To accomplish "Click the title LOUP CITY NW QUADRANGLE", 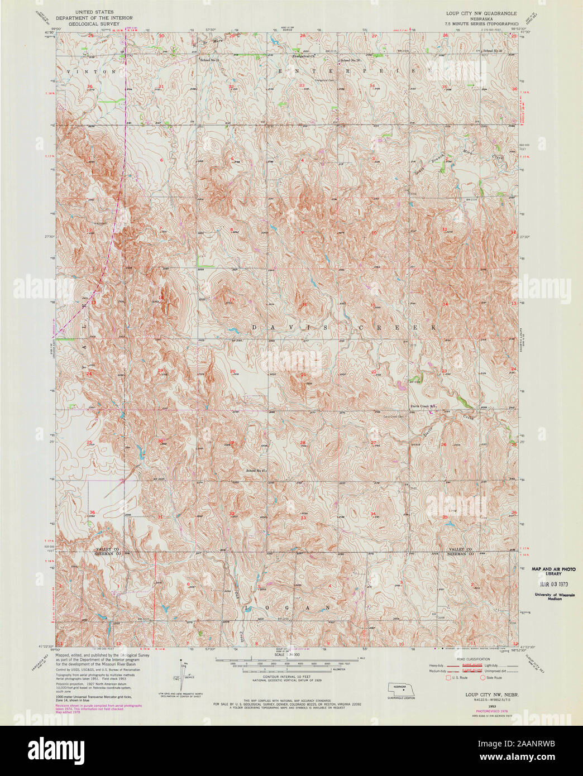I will pyautogui.click(x=481, y=12).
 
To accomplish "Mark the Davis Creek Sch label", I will pyautogui.click(x=423, y=406).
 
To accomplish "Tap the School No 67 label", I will pyautogui.click(x=258, y=471).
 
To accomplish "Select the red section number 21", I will pyautogui.click(x=303, y=375).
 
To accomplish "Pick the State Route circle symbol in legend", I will pyautogui.click(x=483, y=678).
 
